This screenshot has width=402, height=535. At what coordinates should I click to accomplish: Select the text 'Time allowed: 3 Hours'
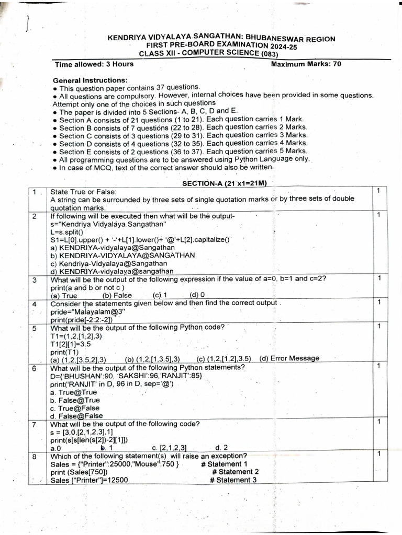[x=94, y=64]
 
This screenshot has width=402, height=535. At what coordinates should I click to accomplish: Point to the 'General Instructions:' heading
[x=90, y=80]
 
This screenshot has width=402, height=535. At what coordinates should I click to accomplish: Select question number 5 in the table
[x=34, y=328]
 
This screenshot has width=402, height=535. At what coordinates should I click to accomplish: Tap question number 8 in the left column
[x=34, y=456]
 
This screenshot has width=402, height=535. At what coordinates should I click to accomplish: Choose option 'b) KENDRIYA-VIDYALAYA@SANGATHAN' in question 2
[x=122, y=255]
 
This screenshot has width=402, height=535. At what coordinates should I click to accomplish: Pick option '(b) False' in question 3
[x=117, y=295]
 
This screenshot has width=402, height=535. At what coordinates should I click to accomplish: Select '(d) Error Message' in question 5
[x=289, y=358]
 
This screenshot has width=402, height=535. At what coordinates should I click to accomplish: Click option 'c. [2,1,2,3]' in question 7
[x=169, y=448]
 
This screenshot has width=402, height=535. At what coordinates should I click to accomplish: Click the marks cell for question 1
[x=378, y=192]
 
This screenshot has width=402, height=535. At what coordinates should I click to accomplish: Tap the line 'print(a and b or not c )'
[x=87, y=287]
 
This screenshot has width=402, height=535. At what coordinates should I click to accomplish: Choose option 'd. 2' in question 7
[x=221, y=448]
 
